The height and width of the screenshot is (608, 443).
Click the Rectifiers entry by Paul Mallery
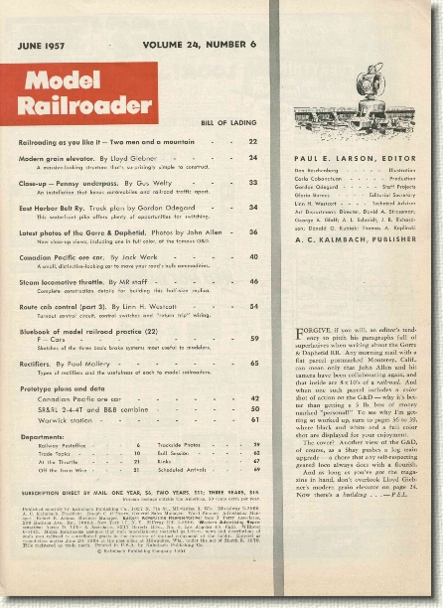pos(50,363)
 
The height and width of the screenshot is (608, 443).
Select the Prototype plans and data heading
pos(75,386)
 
